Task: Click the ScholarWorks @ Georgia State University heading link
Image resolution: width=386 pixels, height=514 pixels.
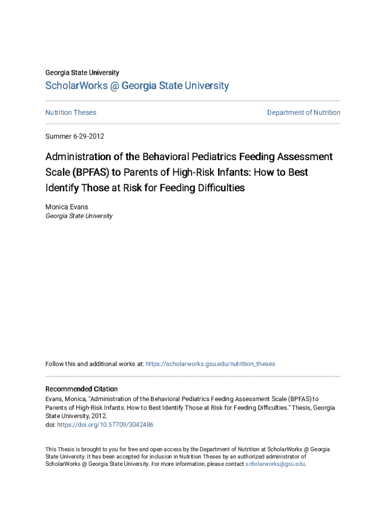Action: coord(137,86)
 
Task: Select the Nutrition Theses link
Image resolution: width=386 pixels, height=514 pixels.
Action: coord(71,112)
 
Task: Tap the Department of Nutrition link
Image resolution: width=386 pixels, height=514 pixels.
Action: coord(303,112)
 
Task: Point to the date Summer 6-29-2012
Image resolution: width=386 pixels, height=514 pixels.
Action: coord(75,136)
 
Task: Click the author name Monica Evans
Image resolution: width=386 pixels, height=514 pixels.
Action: coord(67,206)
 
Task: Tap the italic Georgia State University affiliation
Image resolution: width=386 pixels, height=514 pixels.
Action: coord(79,216)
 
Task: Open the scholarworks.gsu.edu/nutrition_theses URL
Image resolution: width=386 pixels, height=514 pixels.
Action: coord(210,364)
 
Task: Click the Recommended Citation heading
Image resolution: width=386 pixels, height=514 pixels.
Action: coord(81,389)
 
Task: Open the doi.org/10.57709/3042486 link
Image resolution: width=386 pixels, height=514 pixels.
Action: coord(105,425)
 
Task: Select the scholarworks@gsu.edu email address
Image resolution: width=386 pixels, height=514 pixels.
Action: coord(275,464)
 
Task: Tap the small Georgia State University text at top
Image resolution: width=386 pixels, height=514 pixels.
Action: coord(82,73)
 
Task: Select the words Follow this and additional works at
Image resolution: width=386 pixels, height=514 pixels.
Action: coord(94,364)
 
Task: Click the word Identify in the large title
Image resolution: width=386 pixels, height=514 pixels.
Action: coord(63,188)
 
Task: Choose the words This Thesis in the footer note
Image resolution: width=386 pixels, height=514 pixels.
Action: coord(59,449)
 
